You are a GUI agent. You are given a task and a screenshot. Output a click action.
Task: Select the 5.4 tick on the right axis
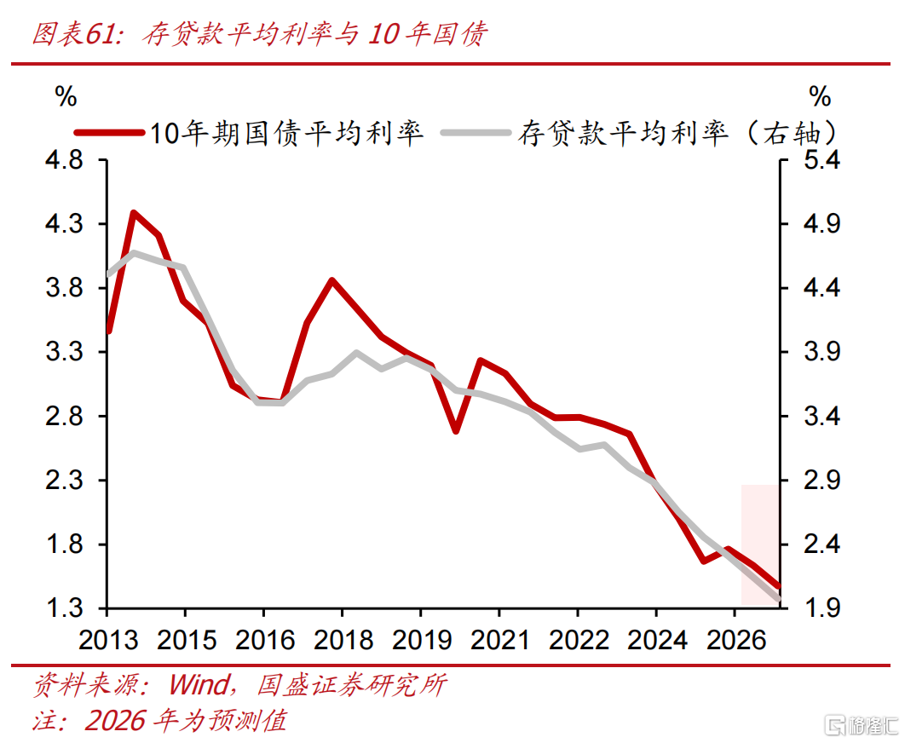coord(824,160)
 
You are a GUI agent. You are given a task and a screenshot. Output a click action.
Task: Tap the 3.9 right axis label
coord(824,352)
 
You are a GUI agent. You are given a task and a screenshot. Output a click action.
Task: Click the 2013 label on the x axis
coord(107,639)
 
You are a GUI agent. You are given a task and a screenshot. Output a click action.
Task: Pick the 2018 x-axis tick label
coord(342,639)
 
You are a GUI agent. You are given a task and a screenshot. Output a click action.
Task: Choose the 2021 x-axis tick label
coord(499,639)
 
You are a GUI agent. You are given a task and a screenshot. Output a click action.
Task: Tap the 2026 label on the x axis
coord(735,639)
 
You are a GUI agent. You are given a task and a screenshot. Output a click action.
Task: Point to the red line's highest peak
coord(134,213)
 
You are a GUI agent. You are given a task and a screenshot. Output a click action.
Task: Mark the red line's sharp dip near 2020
coord(457,430)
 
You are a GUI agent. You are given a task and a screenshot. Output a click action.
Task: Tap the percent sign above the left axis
coord(66,96)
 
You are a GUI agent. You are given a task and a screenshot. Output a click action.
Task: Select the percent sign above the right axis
coord(819,95)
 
